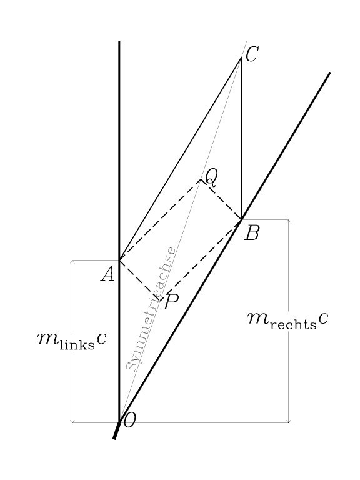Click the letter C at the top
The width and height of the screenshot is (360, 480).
[252, 55]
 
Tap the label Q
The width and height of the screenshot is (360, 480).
[211, 178]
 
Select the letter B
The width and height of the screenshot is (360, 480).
[252, 233]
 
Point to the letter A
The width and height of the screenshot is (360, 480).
[107, 273]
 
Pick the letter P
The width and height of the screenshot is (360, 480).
[171, 302]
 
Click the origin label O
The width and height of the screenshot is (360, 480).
[129, 420]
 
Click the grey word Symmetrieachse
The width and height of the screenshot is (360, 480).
[151, 309]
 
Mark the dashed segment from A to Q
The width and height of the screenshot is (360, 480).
[160, 219]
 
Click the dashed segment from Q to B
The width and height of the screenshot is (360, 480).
[221, 199]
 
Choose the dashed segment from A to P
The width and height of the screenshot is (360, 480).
[139, 280]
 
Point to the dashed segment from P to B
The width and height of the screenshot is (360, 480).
[201, 260]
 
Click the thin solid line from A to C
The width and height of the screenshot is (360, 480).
[180, 159]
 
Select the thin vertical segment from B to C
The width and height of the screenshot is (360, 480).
[241, 138]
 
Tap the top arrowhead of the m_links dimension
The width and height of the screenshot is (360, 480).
[72, 261]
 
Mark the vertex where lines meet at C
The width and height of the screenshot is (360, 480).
[241, 57]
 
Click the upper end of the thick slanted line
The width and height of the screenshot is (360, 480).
[330, 72]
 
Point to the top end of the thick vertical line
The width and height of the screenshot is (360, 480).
[119, 41]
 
